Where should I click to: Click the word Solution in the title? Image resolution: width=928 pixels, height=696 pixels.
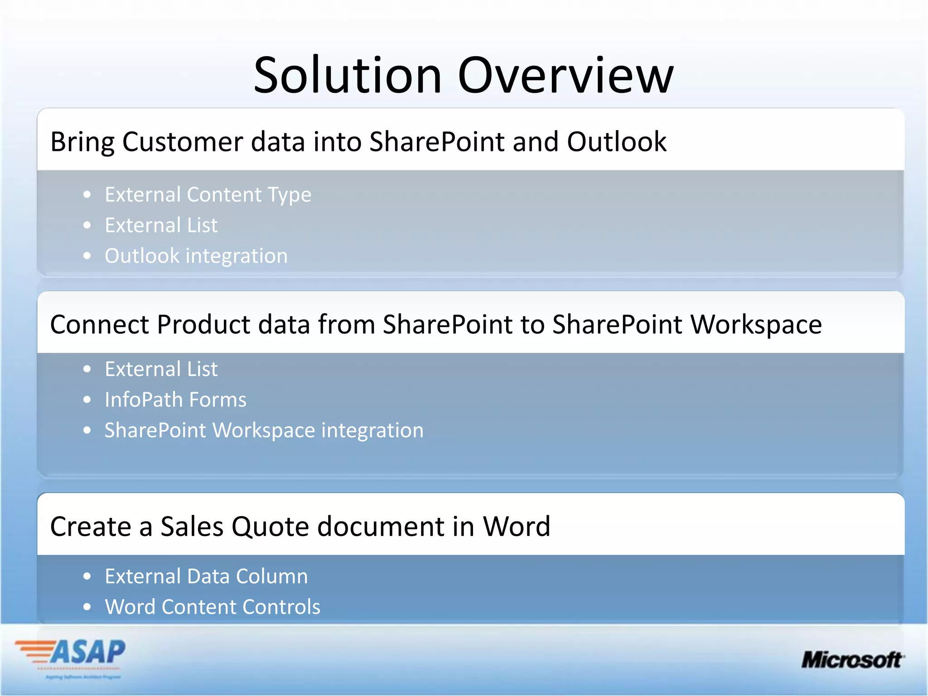pyautogui.click(x=348, y=75)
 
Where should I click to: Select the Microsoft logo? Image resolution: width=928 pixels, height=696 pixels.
pyautogui.click(x=852, y=660)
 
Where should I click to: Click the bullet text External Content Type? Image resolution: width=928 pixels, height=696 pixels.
pyautogui.click(x=208, y=195)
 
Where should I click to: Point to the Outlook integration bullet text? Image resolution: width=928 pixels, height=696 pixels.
pyautogui.click(x=196, y=256)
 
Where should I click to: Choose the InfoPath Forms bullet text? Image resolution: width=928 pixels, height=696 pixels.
pyautogui.click(x=175, y=400)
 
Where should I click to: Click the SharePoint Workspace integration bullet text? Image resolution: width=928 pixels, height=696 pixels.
pyautogui.click(x=264, y=430)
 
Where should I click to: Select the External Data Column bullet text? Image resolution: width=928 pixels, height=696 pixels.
pyautogui.click(x=206, y=576)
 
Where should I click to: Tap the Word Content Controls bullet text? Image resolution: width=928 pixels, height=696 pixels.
pyautogui.click(x=213, y=607)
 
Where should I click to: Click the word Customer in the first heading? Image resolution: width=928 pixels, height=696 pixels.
pyautogui.click(x=183, y=142)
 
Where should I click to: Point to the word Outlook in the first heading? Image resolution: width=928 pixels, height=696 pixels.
pyautogui.click(x=616, y=142)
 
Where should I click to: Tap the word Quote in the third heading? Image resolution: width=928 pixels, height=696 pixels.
pyautogui.click(x=270, y=527)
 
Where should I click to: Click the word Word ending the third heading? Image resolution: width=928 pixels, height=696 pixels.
pyautogui.click(x=517, y=527)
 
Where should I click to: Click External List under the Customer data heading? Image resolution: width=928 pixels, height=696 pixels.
pyautogui.click(x=161, y=225)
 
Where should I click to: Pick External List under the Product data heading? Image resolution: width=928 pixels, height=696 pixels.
pyautogui.click(x=161, y=369)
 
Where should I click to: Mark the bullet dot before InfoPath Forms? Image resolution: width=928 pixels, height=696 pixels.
pyautogui.click(x=87, y=400)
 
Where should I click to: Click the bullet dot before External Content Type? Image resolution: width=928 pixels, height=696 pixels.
pyautogui.click(x=87, y=195)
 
